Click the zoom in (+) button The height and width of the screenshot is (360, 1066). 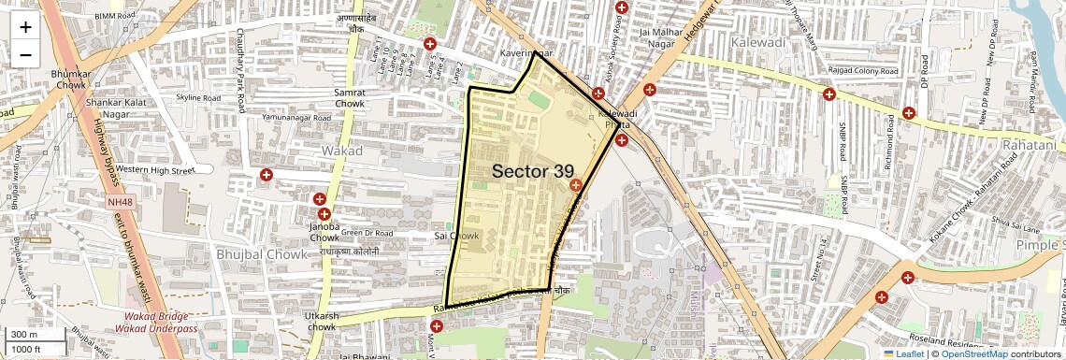point(25,26)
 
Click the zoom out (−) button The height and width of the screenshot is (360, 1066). point(25,54)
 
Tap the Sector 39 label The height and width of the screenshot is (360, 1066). point(532,171)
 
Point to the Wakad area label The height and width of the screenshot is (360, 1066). point(341,150)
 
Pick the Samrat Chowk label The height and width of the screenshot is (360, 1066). point(350,97)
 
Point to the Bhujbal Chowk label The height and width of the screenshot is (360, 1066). point(262,253)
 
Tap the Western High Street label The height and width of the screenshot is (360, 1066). point(154,170)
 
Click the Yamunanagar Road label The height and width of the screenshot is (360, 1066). point(297,120)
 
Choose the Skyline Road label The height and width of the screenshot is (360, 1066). point(198,97)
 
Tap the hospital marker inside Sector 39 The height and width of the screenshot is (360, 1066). point(575,186)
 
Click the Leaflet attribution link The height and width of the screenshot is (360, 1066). point(906,353)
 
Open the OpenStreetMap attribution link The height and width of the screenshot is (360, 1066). point(973,353)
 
